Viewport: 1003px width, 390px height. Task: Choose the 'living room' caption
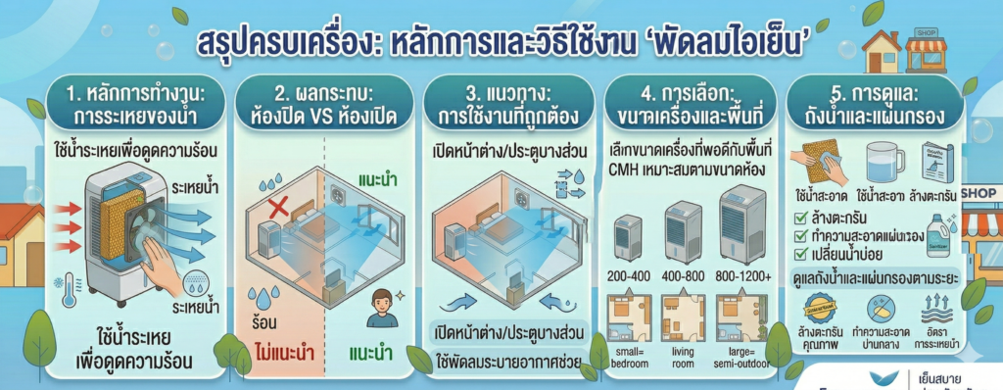click(684, 359)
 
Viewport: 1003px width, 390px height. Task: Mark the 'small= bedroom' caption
click(627, 359)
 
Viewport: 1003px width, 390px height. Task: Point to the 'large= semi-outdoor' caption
click(741, 359)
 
